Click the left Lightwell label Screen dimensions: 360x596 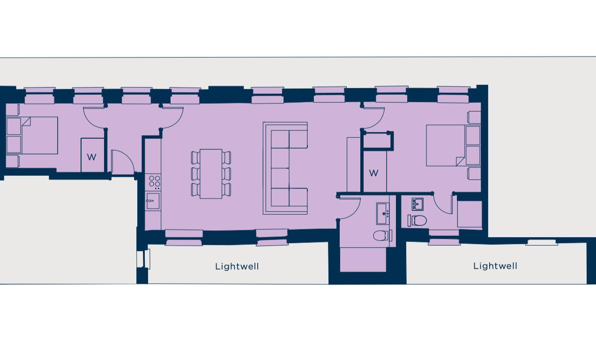coord(237,267)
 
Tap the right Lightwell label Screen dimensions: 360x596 coord(495,266)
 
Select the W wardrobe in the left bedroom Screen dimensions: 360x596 coord(92,156)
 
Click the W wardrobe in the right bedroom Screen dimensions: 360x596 coord(373,173)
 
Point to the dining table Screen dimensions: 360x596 coord(211,173)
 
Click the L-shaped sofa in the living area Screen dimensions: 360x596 coord(286,168)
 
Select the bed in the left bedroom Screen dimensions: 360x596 coord(33,135)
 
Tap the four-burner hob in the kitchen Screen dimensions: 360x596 coord(153,181)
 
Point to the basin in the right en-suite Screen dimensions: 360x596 coord(417,204)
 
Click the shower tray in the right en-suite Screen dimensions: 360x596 coord(469,214)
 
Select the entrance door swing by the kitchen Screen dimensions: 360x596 coord(122,161)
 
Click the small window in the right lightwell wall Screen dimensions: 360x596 coord(541,242)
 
